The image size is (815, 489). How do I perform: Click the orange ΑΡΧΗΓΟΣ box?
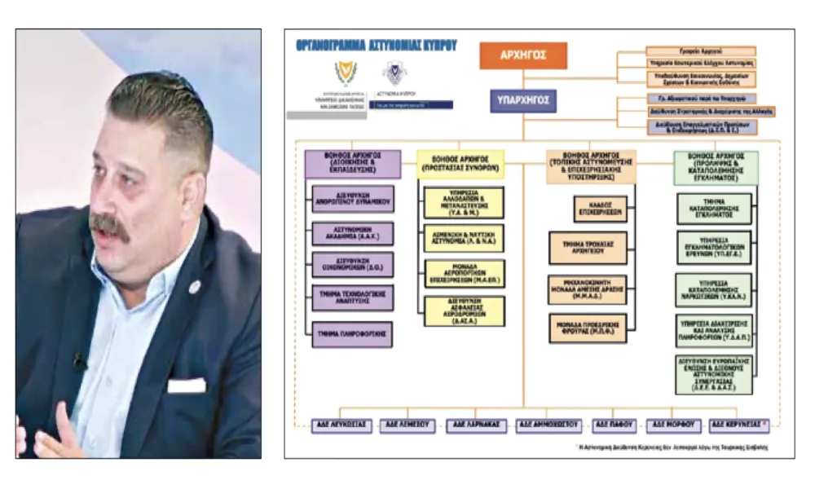point(522,55)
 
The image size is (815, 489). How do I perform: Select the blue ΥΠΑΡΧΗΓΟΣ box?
point(522,101)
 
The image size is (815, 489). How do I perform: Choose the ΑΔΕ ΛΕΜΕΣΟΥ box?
point(410,425)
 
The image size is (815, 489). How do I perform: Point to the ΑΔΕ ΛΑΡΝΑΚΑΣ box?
point(478,425)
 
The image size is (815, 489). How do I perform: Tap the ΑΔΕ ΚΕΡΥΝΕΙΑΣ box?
point(738,425)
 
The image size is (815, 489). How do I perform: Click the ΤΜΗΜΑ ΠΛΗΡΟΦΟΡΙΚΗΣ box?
point(353,334)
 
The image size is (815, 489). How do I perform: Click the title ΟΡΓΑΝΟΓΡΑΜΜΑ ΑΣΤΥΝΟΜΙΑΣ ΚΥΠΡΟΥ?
point(377,46)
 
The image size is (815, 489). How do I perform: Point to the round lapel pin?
point(194,287)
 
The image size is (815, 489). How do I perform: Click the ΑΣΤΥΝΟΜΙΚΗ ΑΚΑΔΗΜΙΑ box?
point(353,234)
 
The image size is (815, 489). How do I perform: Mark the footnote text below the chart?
point(669,447)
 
